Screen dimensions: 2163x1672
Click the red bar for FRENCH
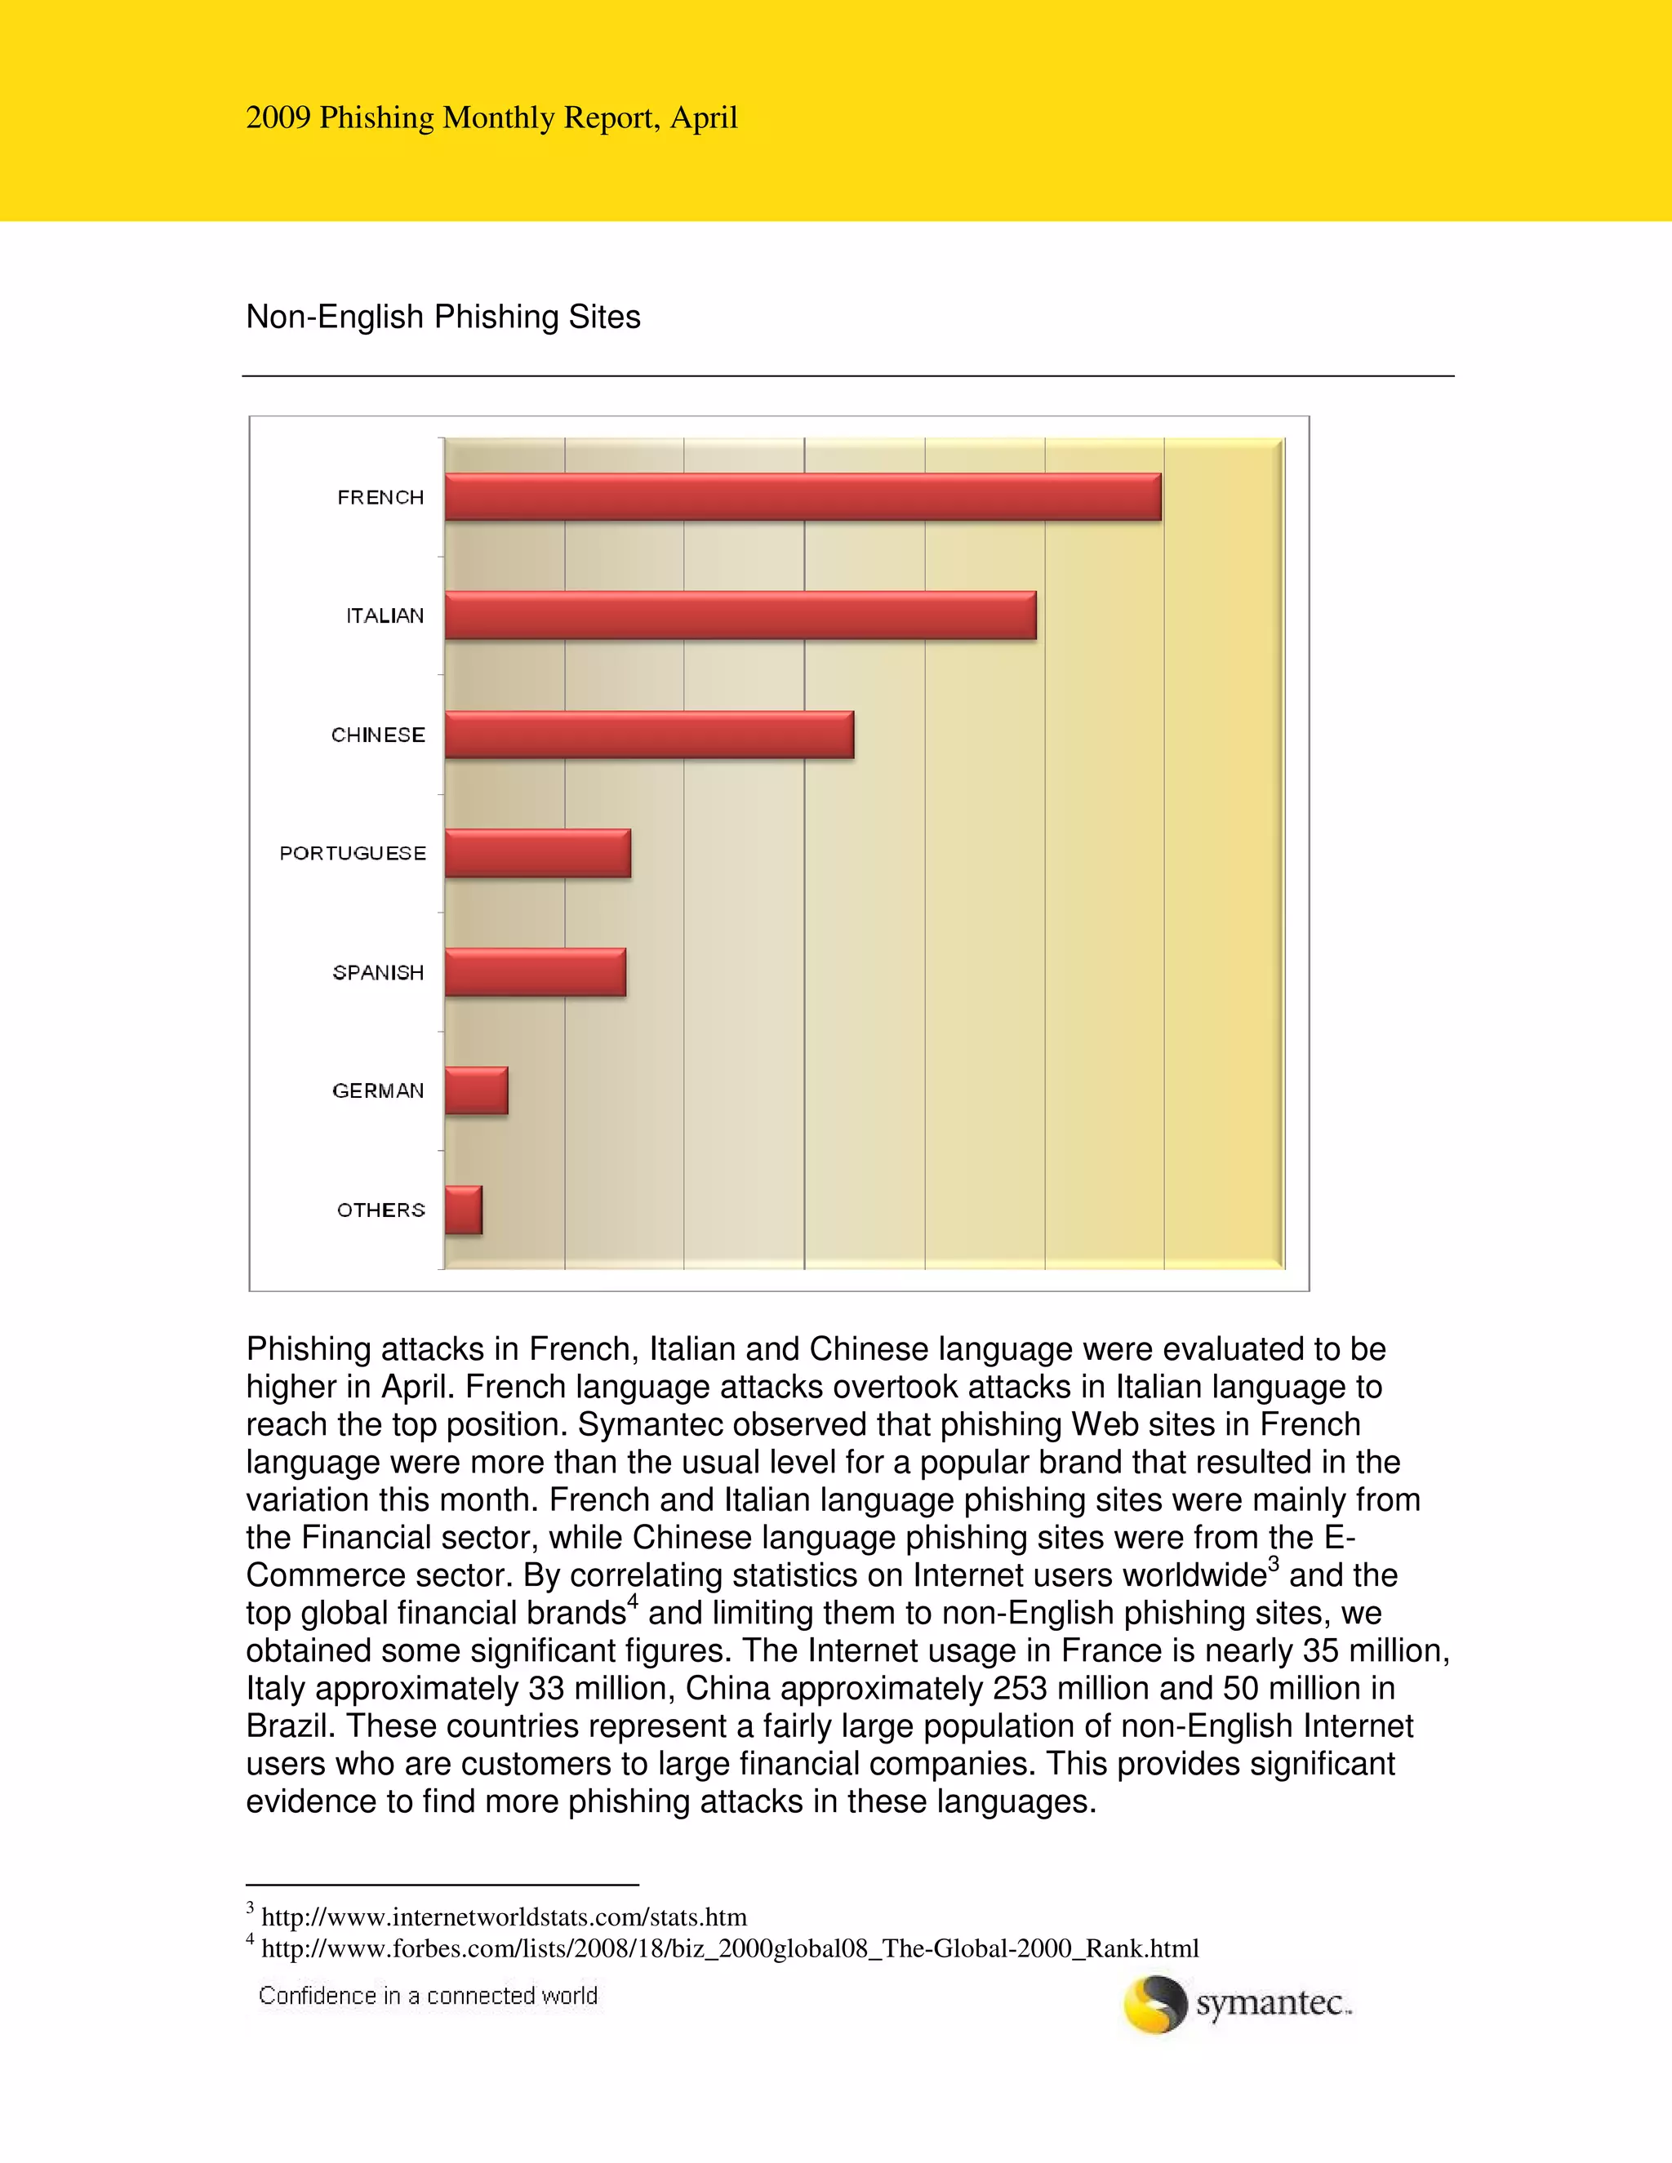[x=803, y=496]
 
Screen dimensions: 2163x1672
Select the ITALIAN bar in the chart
[x=740, y=615]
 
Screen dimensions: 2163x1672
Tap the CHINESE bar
[x=649, y=734]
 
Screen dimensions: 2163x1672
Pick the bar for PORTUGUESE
[x=537, y=853]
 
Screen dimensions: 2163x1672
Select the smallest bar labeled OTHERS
[x=463, y=1210]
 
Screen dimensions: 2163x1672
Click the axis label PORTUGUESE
[x=353, y=853]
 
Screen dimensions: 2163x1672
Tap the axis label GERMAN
[x=378, y=1090]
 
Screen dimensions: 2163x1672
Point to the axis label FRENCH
[x=380, y=497]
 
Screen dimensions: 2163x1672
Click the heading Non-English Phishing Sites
[x=442, y=317]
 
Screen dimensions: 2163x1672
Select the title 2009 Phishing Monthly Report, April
[x=491, y=118]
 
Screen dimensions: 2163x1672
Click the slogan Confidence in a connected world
[x=428, y=1996]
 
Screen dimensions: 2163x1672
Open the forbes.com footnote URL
[x=729, y=1948]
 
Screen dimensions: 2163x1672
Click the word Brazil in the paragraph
[x=290, y=1726]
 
